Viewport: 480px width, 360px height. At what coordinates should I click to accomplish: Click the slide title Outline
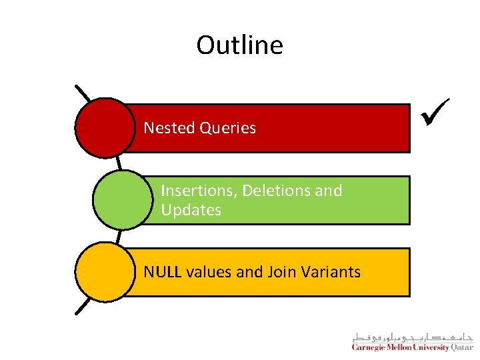[239, 45]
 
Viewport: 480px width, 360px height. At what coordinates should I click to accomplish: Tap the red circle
[105, 128]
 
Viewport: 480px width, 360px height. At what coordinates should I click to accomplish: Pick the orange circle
[105, 272]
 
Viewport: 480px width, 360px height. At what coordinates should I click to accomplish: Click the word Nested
[167, 128]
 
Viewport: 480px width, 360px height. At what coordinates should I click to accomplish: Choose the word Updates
[191, 210]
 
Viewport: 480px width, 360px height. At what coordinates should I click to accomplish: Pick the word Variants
[330, 272]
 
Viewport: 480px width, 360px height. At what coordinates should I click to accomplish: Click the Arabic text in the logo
[412, 337]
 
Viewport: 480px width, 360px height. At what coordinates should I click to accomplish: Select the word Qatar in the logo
[461, 347]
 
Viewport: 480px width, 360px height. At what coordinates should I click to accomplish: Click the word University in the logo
[431, 347]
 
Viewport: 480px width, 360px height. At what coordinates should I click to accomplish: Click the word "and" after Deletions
[328, 191]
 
